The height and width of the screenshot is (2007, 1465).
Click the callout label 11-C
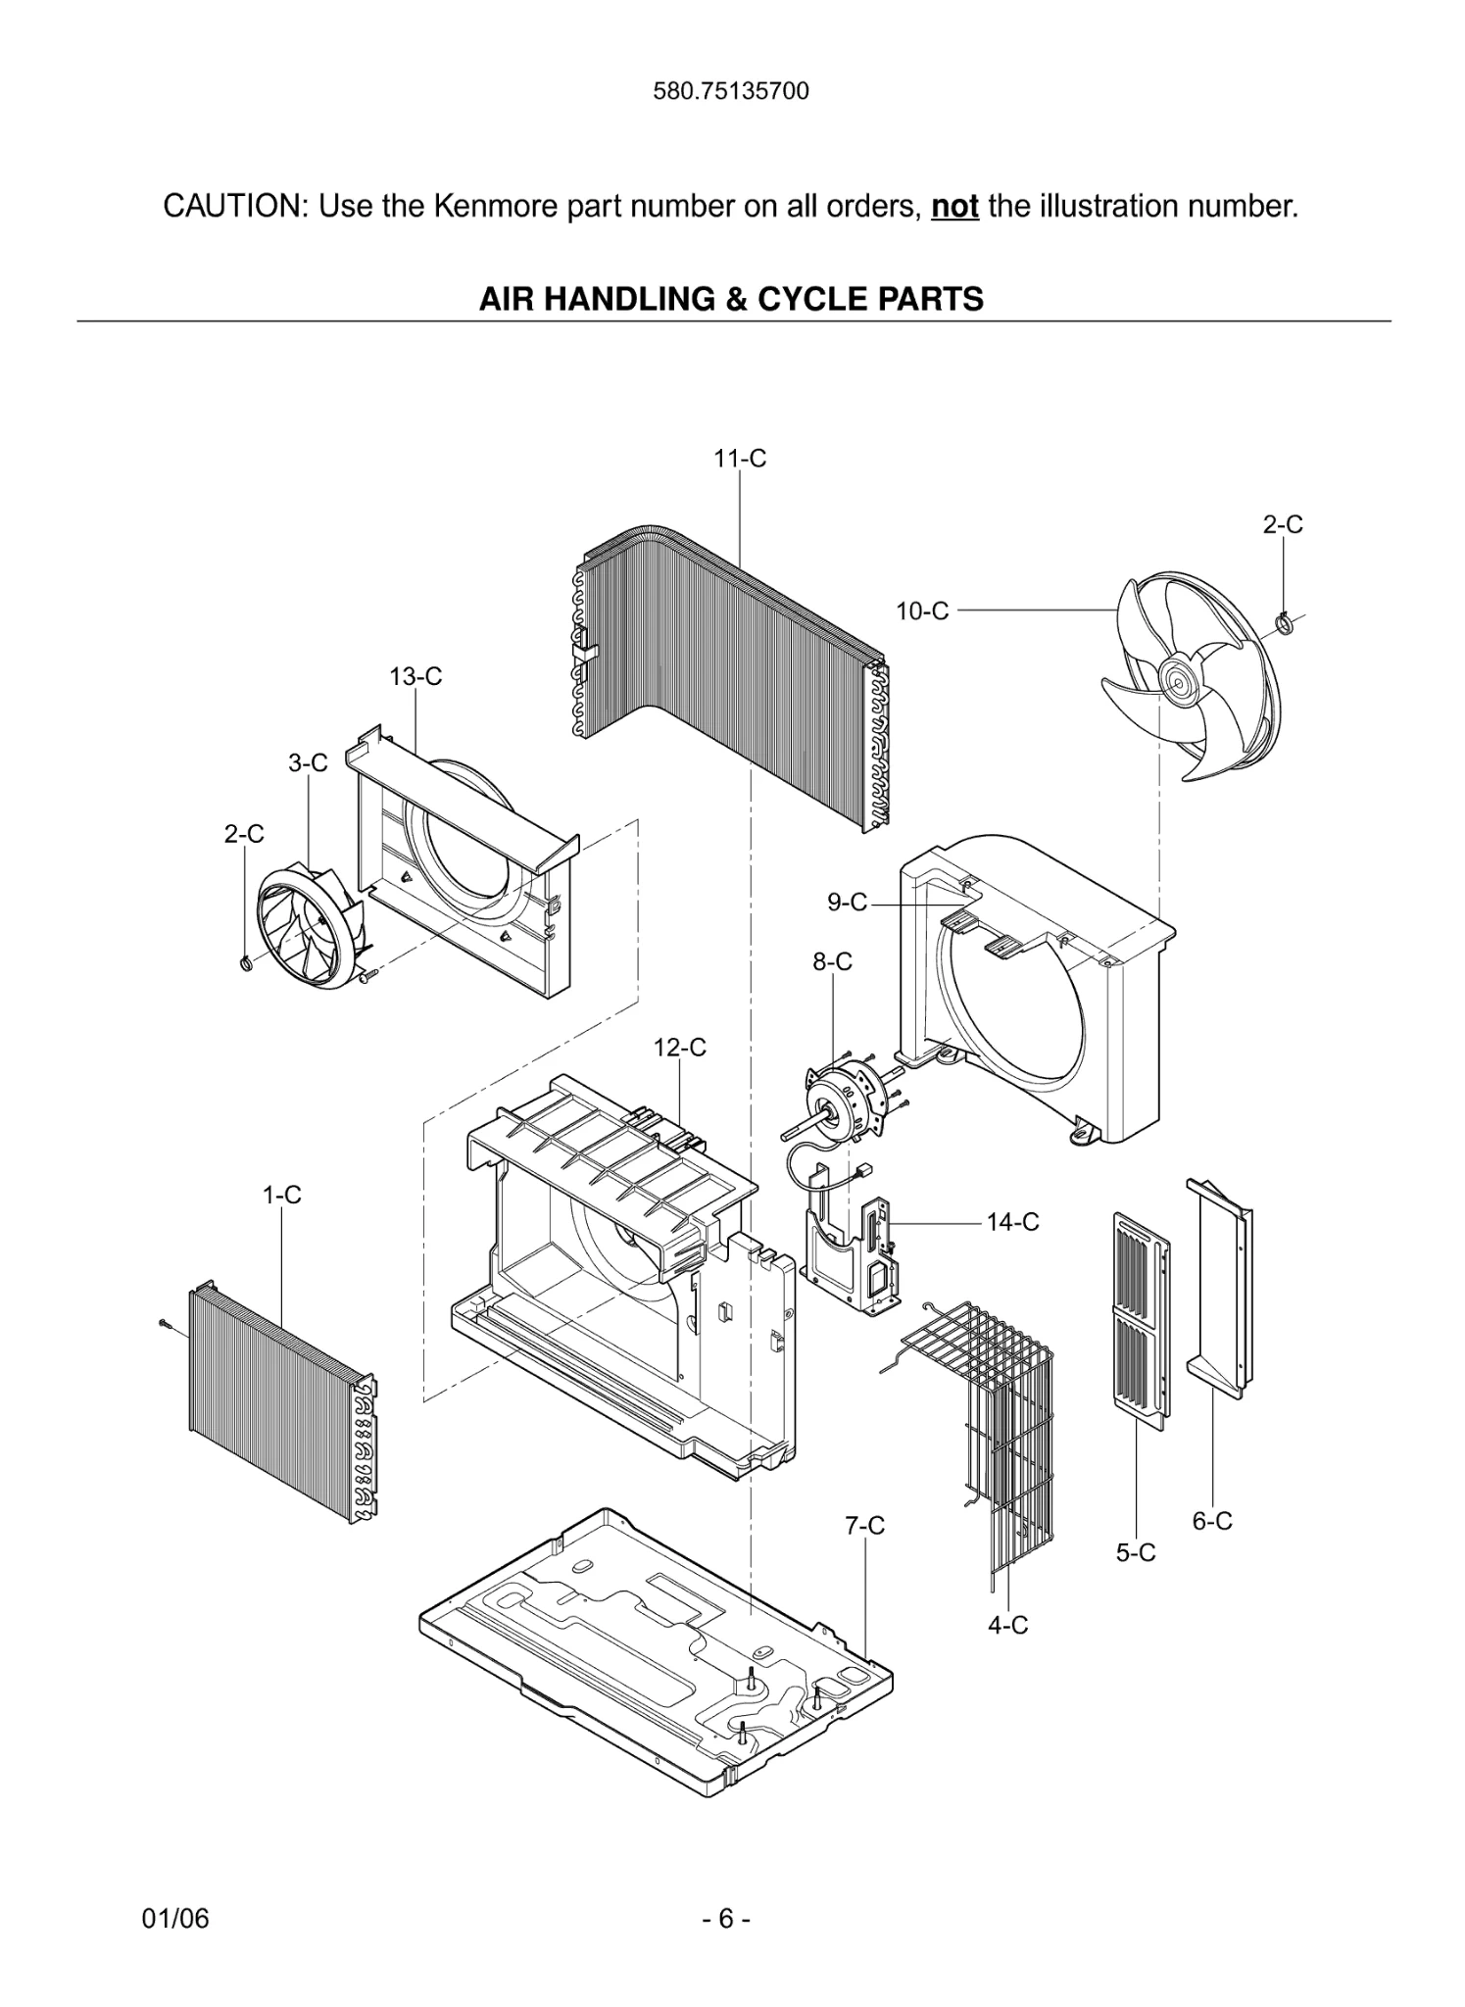pos(740,458)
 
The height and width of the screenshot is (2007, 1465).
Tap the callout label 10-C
pos(922,612)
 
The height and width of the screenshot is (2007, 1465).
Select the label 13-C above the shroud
pos(415,676)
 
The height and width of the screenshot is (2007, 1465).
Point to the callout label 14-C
pos(1012,1222)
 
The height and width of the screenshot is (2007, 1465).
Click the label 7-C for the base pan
pos(864,1526)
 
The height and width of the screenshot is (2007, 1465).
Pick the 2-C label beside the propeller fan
pos(1282,524)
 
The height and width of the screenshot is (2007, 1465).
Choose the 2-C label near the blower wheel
pos(243,834)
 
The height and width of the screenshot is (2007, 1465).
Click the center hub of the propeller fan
pos(1173,678)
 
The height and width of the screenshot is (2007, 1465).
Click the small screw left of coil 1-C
pos(165,1325)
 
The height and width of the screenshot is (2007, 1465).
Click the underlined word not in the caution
pos(954,207)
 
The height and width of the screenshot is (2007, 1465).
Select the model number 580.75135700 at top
pos(731,92)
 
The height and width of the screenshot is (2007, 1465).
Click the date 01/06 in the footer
pos(175,1918)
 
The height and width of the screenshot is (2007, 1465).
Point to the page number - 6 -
pos(726,1918)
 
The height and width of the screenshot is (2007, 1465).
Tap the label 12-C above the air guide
pos(679,1048)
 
